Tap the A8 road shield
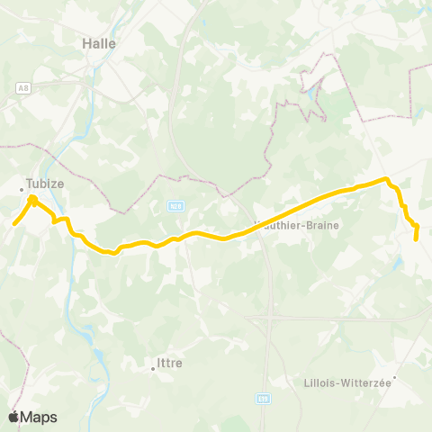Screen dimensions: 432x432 [x=22, y=86]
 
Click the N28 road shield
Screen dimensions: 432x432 [x=175, y=206]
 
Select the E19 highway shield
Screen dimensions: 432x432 [x=262, y=397]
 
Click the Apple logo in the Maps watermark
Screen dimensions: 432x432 [x=14, y=417]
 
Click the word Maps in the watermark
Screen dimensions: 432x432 [x=39, y=417]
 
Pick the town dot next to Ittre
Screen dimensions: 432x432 [x=152, y=367]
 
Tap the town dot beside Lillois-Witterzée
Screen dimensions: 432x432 [x=394, y=377]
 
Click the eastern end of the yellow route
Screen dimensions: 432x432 [x=416, y=238]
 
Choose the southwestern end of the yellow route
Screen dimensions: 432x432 [x=13, y=224]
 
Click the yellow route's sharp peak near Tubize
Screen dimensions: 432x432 [x=31, y=197]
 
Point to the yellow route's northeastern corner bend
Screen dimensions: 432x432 [x=388, y=180]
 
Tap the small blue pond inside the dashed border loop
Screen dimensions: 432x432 [x=312, y=93]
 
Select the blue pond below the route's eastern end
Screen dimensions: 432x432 [x=398, y=265]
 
